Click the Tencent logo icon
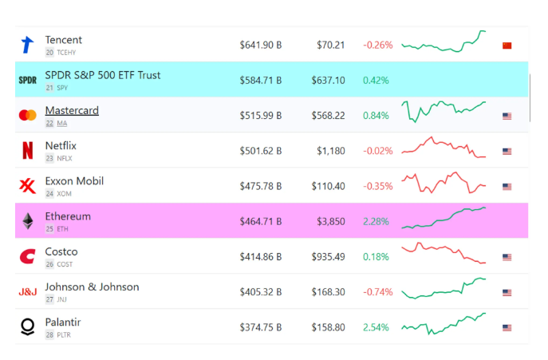(x=27, y=45)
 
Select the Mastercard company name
(x=72, y=110)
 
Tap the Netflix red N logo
(x=27, y=151)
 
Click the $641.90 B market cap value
(x=260, y=45)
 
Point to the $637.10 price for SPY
(x=329, y=81)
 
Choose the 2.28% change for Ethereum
(x=376, y=221)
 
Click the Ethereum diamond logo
(x=27, y=221)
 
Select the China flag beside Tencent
(x=507, y=45)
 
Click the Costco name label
(x=61, y=251)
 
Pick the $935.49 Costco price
(x=329, y=257)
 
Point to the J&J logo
(x=27, y=292)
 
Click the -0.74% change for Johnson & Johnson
(x=377, y=292)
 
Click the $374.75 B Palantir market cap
(x=260, y=327)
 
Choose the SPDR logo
(x=27, y=81)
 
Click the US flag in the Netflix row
(x=507, y=151)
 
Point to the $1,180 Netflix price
(x=331, y=151)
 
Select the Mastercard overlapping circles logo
(x=27, y=116)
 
